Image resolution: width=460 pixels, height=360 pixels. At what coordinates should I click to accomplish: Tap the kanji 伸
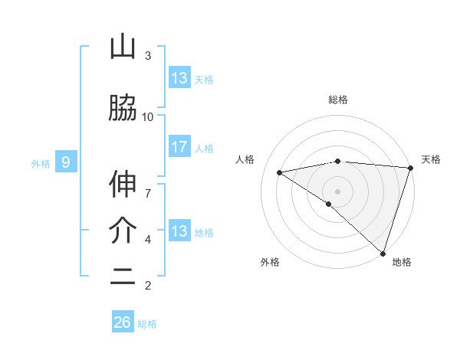[x=123, y=185]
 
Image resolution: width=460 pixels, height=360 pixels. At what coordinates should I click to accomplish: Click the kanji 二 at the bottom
[x=123, y=278]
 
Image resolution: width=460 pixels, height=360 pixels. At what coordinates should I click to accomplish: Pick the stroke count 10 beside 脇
[x=148, y=116]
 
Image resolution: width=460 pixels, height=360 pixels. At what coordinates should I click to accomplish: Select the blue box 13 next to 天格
[x=179, y=78]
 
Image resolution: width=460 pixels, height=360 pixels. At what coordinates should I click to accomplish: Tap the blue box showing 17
[x=179, y=147]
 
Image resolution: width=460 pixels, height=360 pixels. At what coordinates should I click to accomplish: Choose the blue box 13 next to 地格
[x=179, y=231]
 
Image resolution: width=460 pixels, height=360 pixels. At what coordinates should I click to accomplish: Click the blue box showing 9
[x=66, y=162]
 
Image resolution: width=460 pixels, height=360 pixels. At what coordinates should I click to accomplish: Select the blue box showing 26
[x=123, y=322]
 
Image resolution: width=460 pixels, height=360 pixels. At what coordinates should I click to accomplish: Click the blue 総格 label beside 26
[x=147, y=324]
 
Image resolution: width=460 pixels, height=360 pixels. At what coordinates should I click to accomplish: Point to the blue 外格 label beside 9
[x=41, y=163]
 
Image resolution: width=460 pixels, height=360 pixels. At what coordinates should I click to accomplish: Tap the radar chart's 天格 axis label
[x=431, y=159]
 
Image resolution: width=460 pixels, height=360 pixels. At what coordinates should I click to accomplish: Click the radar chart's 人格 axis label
[x=245, y=159]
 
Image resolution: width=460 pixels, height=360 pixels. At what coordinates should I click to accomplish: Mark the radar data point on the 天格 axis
[x=410, y=167]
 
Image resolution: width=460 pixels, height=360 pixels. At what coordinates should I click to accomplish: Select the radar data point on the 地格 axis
[x=383, y=253]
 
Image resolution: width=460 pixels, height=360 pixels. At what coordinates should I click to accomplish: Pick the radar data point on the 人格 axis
[x=279, y=172]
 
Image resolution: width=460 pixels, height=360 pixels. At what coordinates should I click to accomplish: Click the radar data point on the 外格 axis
[x=328, y=204]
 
